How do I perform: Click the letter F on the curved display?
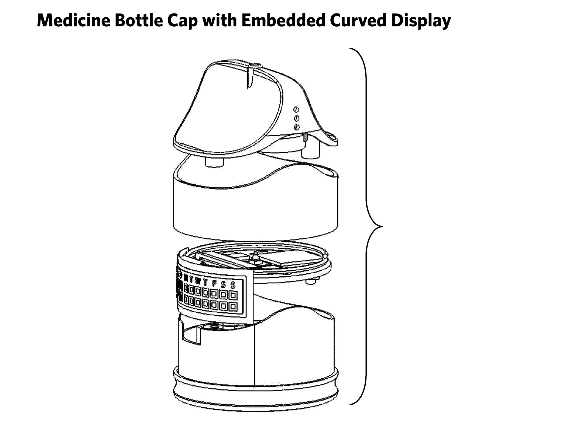point(214,283)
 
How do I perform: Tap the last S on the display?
point(233,285)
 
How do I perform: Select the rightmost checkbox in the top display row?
point(233,295)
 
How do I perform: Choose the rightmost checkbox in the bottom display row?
point(233,306)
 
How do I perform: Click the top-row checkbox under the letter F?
point(214,294)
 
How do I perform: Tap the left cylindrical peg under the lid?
point(214,162)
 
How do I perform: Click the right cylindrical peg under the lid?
point(311,153)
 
